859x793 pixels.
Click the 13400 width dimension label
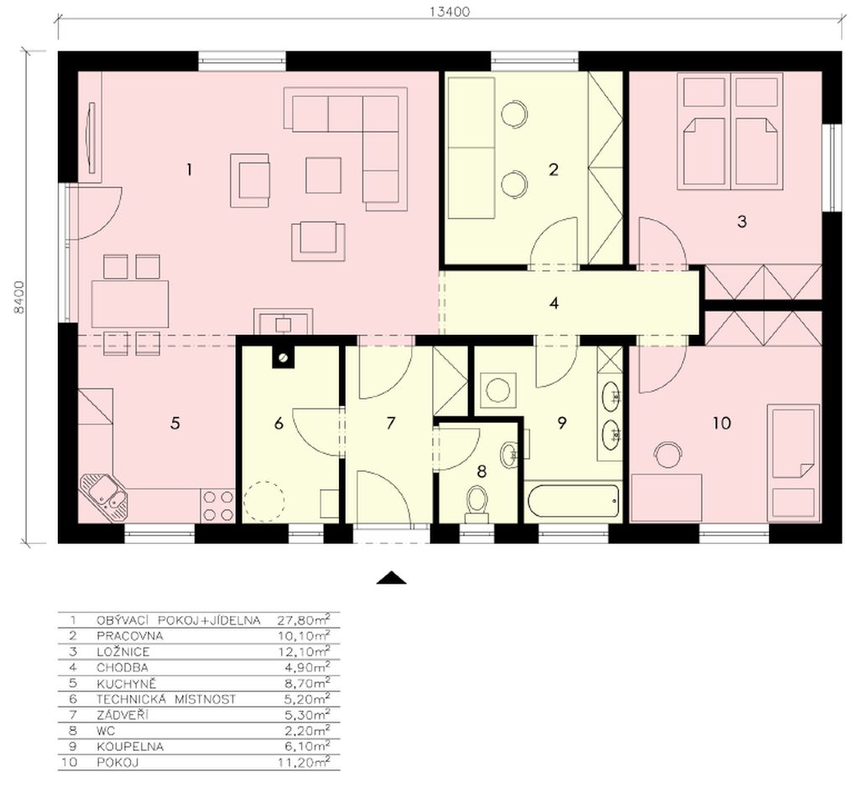pyautogui.click(x=450, y=12)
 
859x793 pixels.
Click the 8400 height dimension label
pyautogui.click(x=20, y=297)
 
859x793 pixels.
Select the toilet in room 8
pyautogui.click(x=476, y=504)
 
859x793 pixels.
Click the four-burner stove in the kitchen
pyautogui.click(x=218, y=505)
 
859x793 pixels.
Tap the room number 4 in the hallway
pyautogui.click(x=554, y=302)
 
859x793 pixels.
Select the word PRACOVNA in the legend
pyautogui.click(x=130, y=636)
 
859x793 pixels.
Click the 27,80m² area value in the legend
pyautogui.click(x=304, y=620)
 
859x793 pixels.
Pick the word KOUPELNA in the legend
pyautogui.click(x=130, y=747)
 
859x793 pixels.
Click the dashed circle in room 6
pyautogui.click(x=264, y=501)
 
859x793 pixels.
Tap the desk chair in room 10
pyautogui.click(x=669, y=454)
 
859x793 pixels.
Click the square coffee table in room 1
pyautogui.click(x=323, y=175)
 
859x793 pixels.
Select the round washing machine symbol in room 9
pyautogui.click(x=498, y=389)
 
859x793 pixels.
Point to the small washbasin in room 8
pyautogui.click(x=509, y=454)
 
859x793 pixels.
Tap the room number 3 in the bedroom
pyautogui.click(x=742, y=222)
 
